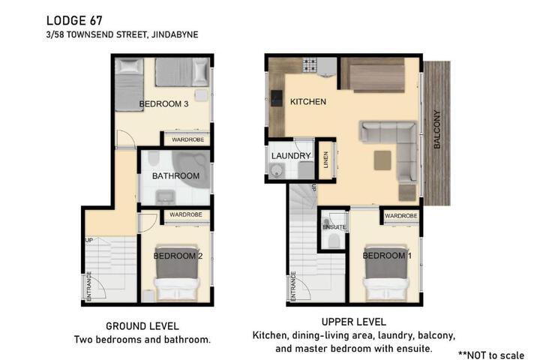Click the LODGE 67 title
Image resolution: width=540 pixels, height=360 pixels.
[74, 21]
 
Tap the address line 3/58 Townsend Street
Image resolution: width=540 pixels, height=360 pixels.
[122, 34]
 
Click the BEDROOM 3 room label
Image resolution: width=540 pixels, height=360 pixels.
[163, 104]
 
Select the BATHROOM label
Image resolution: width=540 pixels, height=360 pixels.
[175, 176]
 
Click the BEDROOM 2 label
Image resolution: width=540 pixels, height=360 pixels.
[178, 256]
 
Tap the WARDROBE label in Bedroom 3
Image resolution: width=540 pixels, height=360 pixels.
[187, 139]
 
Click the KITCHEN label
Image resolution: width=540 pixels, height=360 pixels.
[308, 102]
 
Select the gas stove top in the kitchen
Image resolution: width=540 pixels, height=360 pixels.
[310, 65]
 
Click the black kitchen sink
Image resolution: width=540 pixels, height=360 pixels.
[277, 98]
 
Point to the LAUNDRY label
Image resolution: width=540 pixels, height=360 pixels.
[291, 156]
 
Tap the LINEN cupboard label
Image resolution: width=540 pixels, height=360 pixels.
[325, 160]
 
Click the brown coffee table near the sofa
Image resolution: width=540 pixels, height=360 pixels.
[382, 160]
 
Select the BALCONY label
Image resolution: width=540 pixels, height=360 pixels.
[437, 129]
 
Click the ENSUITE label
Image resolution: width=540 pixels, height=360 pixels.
[334, 227]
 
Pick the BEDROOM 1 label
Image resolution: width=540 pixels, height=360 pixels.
[387, 256]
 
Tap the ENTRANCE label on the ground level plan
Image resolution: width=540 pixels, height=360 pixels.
[88, 286]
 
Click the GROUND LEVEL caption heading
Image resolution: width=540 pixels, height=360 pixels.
[142, 326]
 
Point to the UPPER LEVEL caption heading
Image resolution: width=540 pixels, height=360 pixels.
[354, 322]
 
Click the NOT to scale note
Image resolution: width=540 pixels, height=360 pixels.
[491, 355]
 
